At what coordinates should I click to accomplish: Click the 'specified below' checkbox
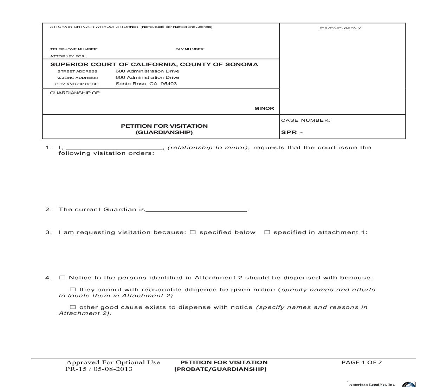193,232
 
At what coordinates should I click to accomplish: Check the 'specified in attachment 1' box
267,232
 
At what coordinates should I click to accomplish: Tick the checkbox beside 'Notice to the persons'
62,278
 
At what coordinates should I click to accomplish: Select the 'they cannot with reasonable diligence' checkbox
73,290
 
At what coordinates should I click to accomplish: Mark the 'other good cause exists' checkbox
73,307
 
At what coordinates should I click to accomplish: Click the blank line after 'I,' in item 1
114,148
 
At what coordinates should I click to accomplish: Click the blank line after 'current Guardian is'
196,210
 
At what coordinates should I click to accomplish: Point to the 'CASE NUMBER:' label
306,120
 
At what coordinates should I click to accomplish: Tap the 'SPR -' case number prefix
292,133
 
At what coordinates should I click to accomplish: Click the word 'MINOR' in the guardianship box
264,108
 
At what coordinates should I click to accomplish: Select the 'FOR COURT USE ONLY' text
340,28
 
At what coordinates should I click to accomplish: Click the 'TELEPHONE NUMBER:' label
74,49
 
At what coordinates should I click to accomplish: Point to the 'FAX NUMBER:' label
190,49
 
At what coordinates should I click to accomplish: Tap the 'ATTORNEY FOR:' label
68,56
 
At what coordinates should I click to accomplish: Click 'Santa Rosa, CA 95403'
146,84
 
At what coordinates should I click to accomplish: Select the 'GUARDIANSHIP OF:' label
75,93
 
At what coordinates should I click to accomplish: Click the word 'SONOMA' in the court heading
241,64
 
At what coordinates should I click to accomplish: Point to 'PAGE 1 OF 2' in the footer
362,362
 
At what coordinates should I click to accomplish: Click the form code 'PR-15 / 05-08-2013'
99,369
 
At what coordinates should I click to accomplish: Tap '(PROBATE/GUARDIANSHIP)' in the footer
220,369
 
